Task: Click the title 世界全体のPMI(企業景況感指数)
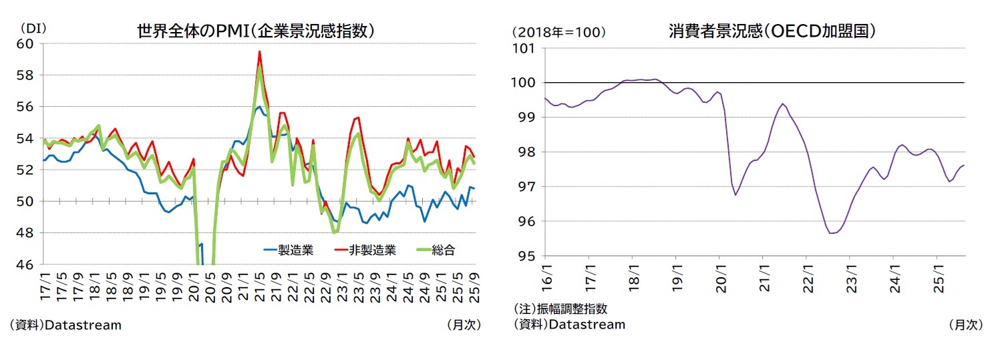tap(255, 31)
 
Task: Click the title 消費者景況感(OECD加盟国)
tap(772, 31)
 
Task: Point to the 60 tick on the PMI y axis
tap(30, 43)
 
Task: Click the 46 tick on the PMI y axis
tap(30, 264)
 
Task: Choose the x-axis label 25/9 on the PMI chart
tap(473, 284)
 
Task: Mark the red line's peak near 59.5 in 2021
tap(260, 51)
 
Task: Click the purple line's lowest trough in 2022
tap(832, 233)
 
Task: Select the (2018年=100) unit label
tap(558, 31)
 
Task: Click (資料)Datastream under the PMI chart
tap(65, 325)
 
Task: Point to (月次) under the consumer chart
tap(965, 325)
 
